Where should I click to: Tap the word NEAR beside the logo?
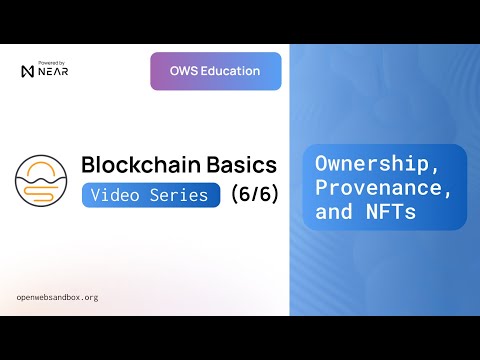[54, 73]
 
